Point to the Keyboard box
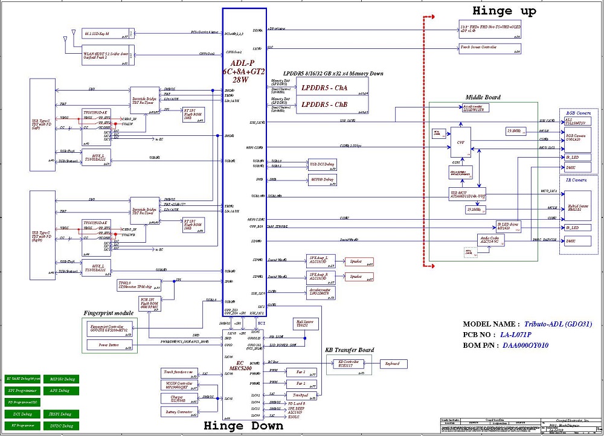click(x=393, y=364)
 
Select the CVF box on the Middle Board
click(x=460, y=142)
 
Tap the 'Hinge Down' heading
click(x=243, y=425)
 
